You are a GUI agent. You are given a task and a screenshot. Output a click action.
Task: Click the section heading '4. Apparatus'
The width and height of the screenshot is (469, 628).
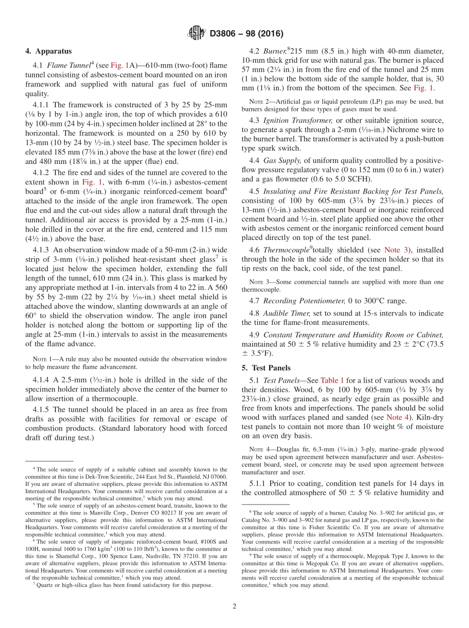[x=48, y=51]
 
